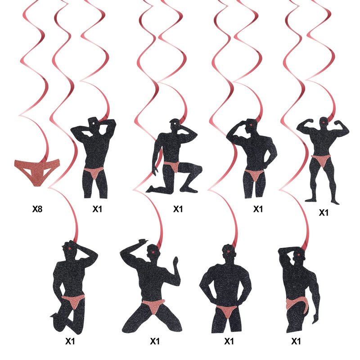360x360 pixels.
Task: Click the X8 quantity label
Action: tap(37, 209)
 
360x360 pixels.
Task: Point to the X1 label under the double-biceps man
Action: tap(324, 213)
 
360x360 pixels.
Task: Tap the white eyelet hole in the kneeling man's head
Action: tap(175, 124)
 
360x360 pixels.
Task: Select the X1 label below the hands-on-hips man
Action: tap(229, 341)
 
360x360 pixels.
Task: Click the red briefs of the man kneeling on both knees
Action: tap(153, 306)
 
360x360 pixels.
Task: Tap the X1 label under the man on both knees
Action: tap(155, 341)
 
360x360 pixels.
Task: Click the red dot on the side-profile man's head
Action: tap(298, 255)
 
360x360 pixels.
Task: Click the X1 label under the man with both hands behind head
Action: tap(97, 209)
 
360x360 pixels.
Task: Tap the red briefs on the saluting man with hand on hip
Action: tap(254, 175)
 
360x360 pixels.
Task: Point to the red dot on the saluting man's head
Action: tap(251, 125)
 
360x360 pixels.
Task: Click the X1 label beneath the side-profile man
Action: tap(296, 341)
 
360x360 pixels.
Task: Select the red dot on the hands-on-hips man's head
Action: tap(228, 252)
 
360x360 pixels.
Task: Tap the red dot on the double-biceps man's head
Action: tap(324, 122)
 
